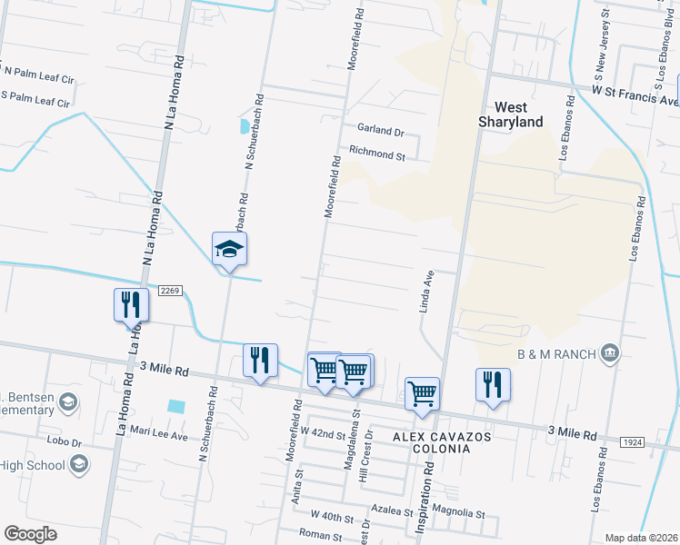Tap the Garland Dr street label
379,132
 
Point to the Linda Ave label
425,291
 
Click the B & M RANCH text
555,353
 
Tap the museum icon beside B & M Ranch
610,352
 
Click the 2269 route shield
170,291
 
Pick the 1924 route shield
634,441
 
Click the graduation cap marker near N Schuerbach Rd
230,248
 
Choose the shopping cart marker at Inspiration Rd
423,393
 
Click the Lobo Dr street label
65,442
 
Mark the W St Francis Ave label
635,95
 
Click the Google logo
30,534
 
